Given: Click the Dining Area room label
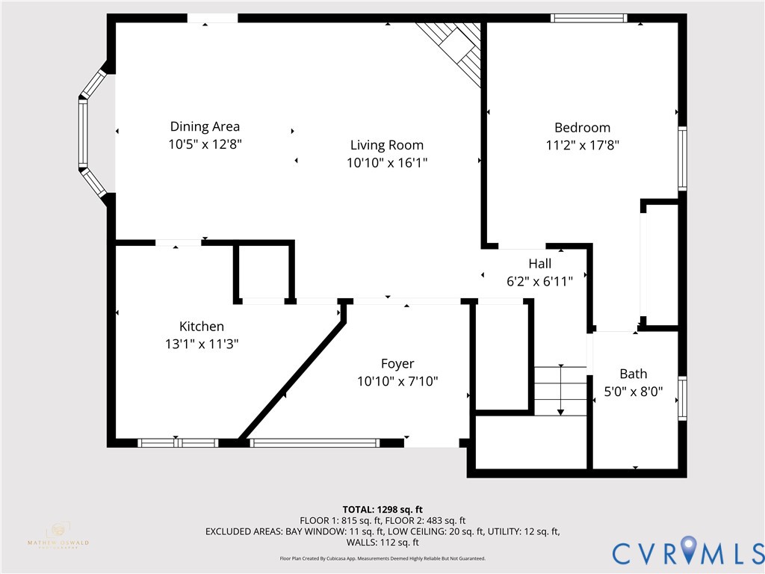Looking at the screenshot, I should click(x=205, y=126).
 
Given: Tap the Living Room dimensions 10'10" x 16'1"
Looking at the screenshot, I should click(x=387, y=162).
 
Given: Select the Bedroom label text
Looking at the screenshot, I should click(x=582, y=127).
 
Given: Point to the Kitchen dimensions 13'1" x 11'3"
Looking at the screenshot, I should click(x=201, y=344).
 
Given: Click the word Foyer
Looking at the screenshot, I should click(x=397, y=363).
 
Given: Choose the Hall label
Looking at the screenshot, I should click(x=539, y=263).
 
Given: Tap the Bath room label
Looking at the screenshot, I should click(x=633, y=374).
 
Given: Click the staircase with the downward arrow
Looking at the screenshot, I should click(x=560, y=390).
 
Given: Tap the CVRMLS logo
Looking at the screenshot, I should click(x=687, y=552).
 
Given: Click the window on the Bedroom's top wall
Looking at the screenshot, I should click(x=589, y=18).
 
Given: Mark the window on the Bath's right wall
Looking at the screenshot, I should click(x=682, y=398).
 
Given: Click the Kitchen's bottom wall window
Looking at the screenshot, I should click(x=179, y=442).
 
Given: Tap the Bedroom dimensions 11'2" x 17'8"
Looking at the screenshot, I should click(x=582, y=145).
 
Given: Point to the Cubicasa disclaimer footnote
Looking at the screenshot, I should click(x=382, y=558).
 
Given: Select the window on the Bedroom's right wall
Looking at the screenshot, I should click(x=682, y=158).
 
